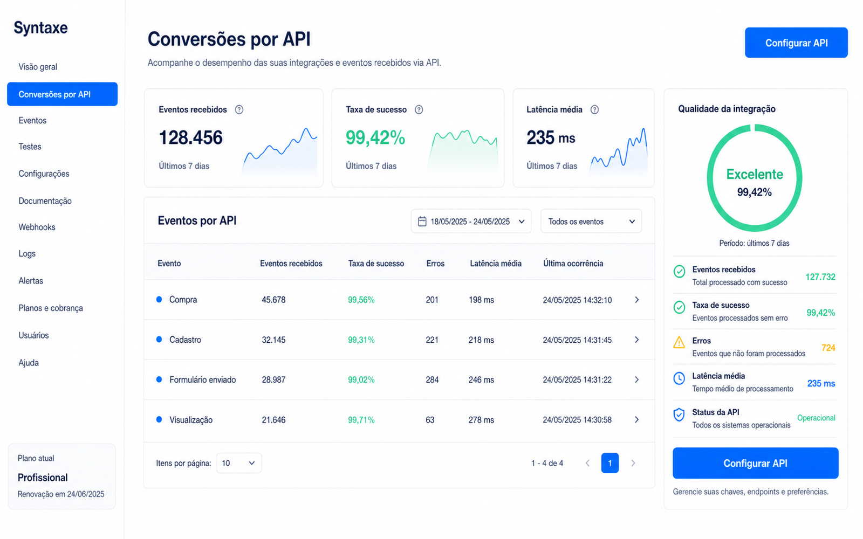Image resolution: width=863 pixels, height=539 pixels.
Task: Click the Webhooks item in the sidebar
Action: [x=37, y=227]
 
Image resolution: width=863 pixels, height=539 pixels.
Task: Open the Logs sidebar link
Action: [x=27, y=253]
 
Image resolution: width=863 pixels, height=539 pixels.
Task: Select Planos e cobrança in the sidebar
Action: [x=51, y=308]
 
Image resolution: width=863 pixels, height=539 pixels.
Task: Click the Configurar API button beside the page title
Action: [x=796, y=43]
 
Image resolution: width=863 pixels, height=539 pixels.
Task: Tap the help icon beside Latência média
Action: [x=594, y=110]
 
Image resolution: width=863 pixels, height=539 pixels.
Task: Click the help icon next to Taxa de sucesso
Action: [x=419, y=110]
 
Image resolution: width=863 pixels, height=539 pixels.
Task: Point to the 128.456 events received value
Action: [x=191, y=137]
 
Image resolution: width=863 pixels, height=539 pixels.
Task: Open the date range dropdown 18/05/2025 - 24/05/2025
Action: [x=471, y=222]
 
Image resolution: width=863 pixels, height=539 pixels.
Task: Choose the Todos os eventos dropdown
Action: [x=591, y=222]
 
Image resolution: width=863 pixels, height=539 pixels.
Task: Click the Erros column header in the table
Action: [x=435, y=264]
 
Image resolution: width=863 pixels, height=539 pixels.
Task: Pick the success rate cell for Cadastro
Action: [x=361, y=340]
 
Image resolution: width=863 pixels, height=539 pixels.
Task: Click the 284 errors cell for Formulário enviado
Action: [x=432, y=379]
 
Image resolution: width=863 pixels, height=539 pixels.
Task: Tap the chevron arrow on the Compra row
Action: [x=637, y=300]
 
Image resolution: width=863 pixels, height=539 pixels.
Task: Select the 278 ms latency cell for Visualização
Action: [x=481, y=420]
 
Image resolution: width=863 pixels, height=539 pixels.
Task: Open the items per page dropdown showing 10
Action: [x=239, y=463]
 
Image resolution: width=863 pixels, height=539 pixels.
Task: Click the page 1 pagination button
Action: [x=610, y=463]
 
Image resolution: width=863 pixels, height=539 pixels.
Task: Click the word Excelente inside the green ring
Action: [x=755, y=175]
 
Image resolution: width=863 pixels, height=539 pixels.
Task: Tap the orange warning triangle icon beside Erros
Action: [x=679, y=342]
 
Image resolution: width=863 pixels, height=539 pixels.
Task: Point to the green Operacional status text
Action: [x=816, y=418]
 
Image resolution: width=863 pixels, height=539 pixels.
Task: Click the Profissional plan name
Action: [x=43, y=478]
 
